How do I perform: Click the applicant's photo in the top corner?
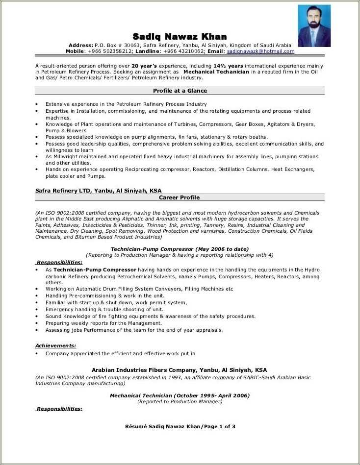tap(314, 26)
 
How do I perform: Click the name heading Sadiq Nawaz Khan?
tap(180, 37)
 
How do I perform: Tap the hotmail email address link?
tap(260, 51)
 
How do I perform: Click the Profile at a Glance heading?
tap(180, 91)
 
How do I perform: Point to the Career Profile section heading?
tap(180, 197)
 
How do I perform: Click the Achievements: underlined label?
tap(55, 345)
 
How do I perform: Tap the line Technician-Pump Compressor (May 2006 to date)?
tap(180, 249)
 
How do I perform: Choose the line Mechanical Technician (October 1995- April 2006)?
tap(180, 395)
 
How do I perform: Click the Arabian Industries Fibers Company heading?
tap(180, 370)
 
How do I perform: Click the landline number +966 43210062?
tap(184, 51)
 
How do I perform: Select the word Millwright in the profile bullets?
tap(65, 157)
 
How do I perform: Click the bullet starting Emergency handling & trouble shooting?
tap(104, 310)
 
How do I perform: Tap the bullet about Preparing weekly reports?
tap(103, 323)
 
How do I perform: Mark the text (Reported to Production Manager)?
tap(180, 401)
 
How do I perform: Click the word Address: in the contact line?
tap(80, 45)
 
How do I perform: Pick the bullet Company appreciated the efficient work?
tap(121, 353)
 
